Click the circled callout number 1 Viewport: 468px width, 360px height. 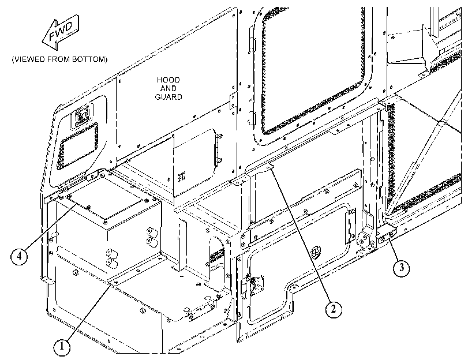[62, 347]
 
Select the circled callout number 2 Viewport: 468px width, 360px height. [333, 309]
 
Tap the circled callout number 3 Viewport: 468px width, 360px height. [402, 268]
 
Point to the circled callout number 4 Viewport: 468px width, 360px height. [19, 256]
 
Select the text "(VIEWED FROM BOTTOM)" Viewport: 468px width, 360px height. [59, 59]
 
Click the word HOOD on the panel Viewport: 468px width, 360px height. [169, 80]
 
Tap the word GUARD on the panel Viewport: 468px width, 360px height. [169, 97]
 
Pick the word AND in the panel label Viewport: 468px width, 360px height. [169, 88]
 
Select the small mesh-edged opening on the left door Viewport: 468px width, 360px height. [78, 145]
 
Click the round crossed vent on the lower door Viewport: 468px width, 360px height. [316, 253]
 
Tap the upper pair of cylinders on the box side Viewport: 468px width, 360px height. [152, 236]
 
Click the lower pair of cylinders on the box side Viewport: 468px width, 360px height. [111, 258]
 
